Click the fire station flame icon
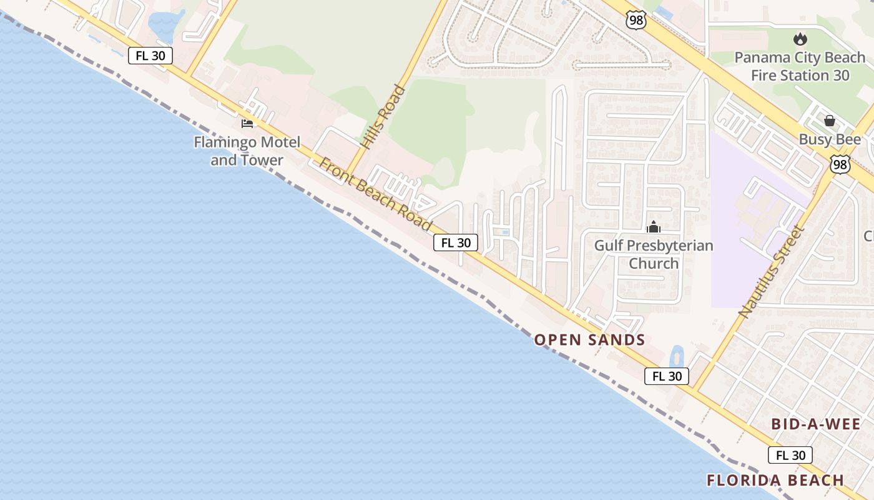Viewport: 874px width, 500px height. tap(800, 39)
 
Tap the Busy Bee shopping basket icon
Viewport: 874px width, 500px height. tap(830, 121)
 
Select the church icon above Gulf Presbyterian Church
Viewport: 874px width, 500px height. tap(654, 227)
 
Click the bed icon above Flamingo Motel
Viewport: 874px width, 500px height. tap(247, 123)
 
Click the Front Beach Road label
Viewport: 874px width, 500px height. tap(376, 194)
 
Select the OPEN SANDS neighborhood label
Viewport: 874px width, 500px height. tap(589, 340)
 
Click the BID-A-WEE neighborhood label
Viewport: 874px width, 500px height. tap(816, 424)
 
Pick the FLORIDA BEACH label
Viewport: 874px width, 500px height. tap(775, 481)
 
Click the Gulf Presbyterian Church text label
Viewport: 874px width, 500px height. tap(654, 254)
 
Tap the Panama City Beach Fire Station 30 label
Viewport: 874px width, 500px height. tap(800, 66)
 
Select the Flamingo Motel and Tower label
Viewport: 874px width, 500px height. tap(247, 151)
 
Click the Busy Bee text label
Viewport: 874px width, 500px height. tap(830, 139)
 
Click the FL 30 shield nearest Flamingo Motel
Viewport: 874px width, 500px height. tap(150, 56)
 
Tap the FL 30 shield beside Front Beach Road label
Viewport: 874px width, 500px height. tap(456, 243)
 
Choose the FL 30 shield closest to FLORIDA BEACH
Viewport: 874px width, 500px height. tap(790, 456)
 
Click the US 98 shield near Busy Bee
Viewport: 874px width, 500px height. tap(840, 164)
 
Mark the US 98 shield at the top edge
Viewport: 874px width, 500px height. tap(636, 20)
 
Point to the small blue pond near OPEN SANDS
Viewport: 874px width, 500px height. tap(676, 357)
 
